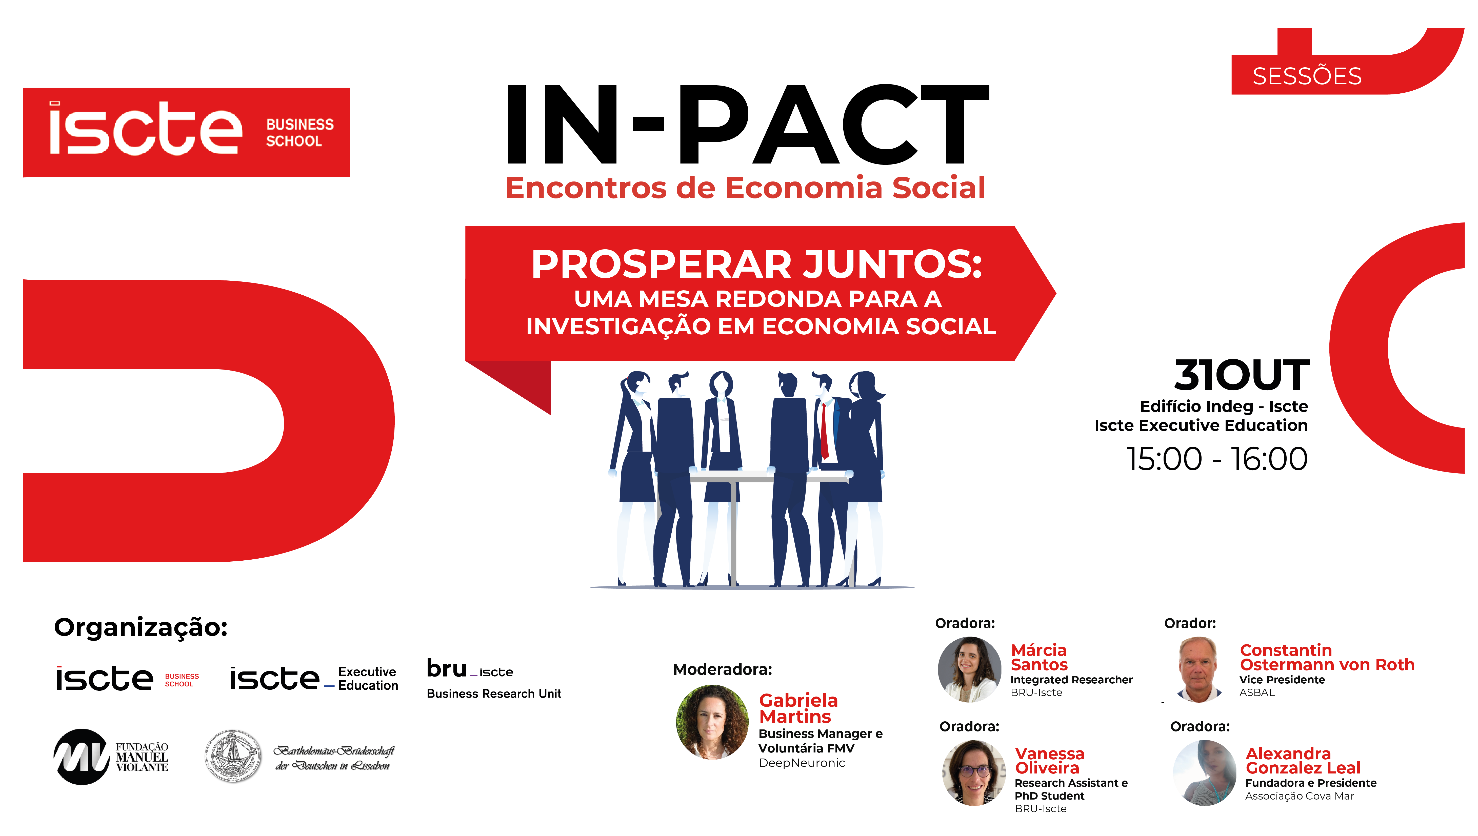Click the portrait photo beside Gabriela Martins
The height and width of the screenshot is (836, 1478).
tap(712, 722)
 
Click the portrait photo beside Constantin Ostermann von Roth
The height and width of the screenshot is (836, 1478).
tap(1199, 669)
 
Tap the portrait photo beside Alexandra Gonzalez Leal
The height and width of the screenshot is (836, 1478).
tap(1204, 773)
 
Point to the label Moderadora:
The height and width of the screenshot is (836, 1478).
tap(722, 669)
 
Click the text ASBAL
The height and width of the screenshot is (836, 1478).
tap(1257, 692)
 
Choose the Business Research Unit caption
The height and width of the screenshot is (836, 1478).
tap(494, 694)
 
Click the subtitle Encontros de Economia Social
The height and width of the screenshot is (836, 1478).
tap(745, 188)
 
